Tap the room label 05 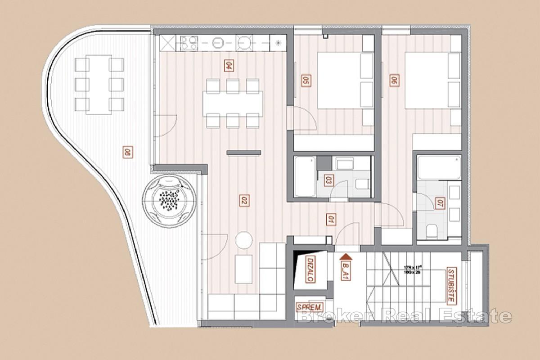coord(306,81)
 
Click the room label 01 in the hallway coord(331,220)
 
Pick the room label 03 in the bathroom coord(328,181)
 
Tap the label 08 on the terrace coord(127,153)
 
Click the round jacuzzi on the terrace coord(170,200)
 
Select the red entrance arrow coord(346,257)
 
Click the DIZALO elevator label coord(310,269)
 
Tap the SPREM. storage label coord(310,307)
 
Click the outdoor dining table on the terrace coord(99,84)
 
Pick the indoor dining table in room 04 coord(232,103)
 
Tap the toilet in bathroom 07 coord(432,231)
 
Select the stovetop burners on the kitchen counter coord(189,43)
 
